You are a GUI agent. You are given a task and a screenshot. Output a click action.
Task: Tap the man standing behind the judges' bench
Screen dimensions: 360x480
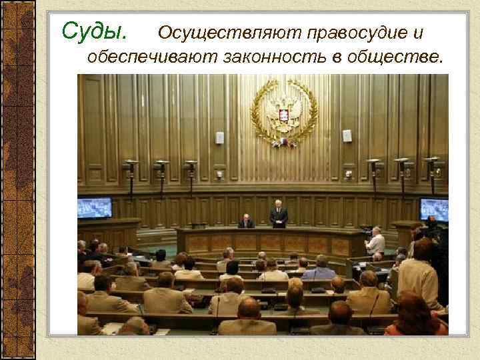[279, 216]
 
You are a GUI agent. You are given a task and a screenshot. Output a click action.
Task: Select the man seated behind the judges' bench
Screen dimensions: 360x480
[246, 222]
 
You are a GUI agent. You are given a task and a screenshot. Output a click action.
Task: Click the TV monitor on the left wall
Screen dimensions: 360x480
[94, 207]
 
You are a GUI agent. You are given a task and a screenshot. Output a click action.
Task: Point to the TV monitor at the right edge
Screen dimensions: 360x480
[434, 209]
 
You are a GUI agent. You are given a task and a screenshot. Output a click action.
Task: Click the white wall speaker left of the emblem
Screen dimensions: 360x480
[220, 137]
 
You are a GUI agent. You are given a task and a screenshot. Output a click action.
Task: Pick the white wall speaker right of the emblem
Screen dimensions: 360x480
[347, 135]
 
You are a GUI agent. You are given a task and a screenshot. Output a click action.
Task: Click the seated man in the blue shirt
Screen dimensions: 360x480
[318, 268]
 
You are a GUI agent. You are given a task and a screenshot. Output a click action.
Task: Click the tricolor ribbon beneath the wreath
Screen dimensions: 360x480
[283, 142]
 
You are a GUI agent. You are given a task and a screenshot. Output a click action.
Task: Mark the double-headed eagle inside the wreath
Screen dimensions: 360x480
[283, 110]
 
